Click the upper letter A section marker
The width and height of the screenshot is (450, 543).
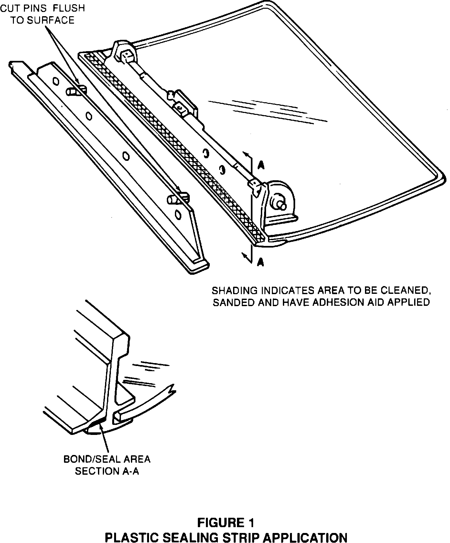pyautogui.click(x=261, y=166)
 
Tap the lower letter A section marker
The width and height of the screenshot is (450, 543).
pyautogui.click(x=261, y=261)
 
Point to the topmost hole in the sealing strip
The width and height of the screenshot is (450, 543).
pyautogui.click(x=55, y=81)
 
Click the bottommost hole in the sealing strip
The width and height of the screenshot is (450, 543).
pyautogui.click(x=177, y=215)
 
